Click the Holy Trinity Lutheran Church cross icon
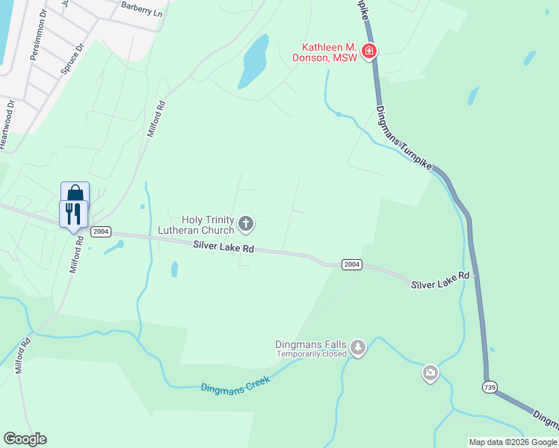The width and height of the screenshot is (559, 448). [246, 223]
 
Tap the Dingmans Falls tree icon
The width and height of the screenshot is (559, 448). [358, 349]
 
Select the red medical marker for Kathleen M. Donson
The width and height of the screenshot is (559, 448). [368, 52]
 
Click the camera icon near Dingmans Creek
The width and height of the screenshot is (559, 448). [430, 373]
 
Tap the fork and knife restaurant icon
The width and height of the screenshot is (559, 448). [73, 214]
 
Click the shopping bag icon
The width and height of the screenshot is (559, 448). [75, 193]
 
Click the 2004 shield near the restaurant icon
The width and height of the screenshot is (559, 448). [102, 232]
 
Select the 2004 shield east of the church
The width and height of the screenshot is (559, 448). [352, 264]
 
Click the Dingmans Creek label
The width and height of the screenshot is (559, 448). [234, 385]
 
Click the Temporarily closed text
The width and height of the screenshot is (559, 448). [312, 354]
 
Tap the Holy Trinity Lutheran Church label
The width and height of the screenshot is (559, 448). [197, 224]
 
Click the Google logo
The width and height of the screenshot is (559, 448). [25, 439]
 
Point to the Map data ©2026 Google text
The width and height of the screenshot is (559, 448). [512, 442]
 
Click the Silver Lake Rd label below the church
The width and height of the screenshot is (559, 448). [223, 246]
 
